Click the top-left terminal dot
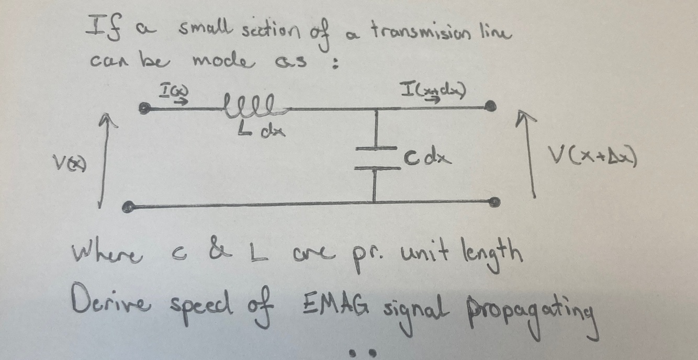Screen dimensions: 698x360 click(x=143, y=108)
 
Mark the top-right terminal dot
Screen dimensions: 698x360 click(x=490, y=107)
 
